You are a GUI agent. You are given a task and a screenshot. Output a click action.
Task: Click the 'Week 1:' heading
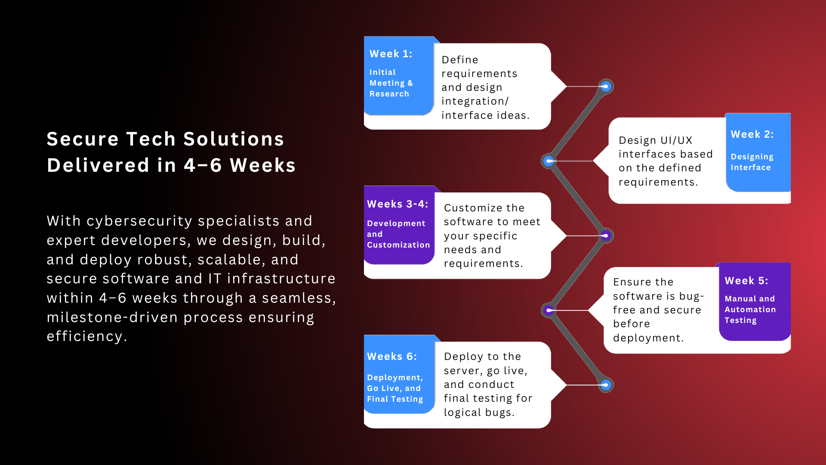(x=391, y=54)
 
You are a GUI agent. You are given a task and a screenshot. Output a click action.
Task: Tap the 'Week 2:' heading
(x=752, y=134)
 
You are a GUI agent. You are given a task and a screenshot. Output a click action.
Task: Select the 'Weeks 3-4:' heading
(x=398, y=204)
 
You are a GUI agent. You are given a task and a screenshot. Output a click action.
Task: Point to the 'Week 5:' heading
(x=746, y=281)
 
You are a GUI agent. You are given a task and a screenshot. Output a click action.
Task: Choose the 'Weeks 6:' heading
(x=392, y=356)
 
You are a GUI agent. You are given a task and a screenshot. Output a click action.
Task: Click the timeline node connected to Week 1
(x=606, y=87)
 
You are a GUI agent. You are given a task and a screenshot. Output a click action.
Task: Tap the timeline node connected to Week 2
(x=549, y=161)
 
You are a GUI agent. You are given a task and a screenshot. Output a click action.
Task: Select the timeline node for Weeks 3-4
(x=606, y=236)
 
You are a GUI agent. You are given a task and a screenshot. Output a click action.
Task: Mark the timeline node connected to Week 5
(x=549, y=310)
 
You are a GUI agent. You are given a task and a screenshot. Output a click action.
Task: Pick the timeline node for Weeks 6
(x=606, y=385)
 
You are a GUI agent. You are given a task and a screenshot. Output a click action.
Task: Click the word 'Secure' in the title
(x=83, y=139)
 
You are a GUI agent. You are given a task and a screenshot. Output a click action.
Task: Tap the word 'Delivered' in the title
(x=98, y=165)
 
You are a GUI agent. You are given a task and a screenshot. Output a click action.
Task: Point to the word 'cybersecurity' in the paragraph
(x=139, y=221)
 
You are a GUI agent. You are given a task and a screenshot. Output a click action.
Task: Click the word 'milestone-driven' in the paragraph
(x=112, y=317)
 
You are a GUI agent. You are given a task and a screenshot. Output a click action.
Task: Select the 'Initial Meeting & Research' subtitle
(x=391, y=83)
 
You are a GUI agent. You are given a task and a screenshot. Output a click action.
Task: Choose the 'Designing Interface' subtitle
(x=752, y=162)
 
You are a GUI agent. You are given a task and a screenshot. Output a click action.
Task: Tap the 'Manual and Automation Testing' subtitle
(x=750, y=310)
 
